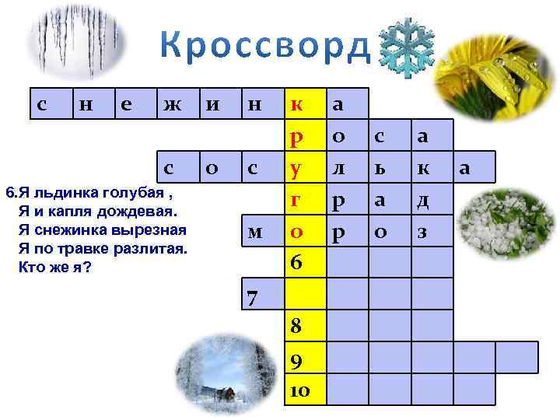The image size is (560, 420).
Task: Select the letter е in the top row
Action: click(125, 104)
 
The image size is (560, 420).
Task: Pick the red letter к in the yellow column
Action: click(296, 104)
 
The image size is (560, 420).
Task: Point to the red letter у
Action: click(296, 167)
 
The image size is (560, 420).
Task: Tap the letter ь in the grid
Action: click(379, 167)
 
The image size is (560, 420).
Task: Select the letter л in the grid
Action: click(338, 167)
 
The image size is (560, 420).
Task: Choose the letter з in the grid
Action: click(422, 231)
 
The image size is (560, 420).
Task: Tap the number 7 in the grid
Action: click(251, 296)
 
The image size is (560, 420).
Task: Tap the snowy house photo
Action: click(212, 376)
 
